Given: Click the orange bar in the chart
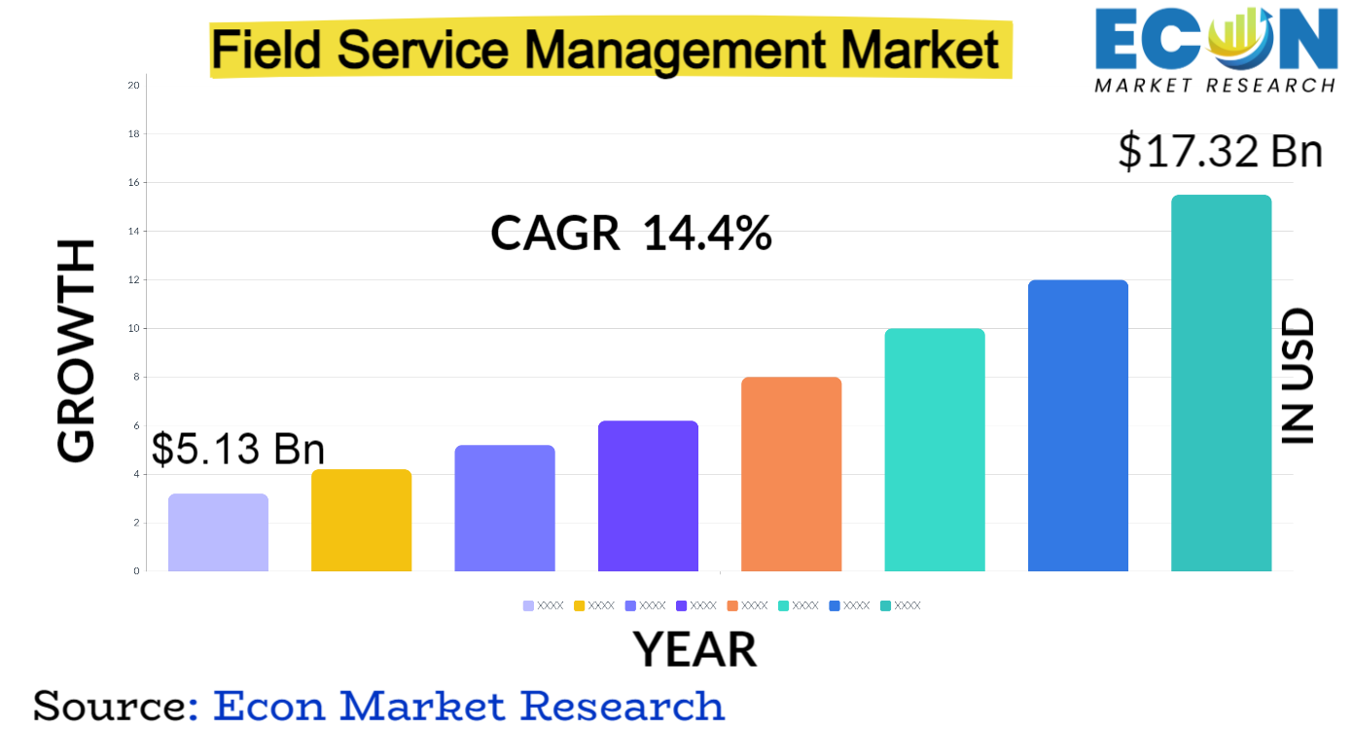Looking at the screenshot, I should [x=791, y=474].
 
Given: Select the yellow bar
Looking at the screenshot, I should [x=361, y=521].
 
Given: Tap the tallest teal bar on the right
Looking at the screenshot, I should [x=1221, y=383].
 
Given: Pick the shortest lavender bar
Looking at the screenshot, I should [x=218, y=532].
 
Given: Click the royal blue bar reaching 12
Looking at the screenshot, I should [x=1078, y=425].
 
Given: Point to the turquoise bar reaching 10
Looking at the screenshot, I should [x=934, y=450].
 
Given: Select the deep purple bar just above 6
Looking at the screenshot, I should [x=648, y=495].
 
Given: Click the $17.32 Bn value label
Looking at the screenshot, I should [x=1220, y=151].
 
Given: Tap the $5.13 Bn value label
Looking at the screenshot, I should [x=237, y=449].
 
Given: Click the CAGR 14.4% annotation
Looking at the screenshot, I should [x=631, y=234].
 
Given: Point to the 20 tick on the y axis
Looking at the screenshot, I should [x=133, y=86].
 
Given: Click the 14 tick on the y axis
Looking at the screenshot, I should [x=133, y=232].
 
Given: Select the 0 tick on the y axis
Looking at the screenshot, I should [x=135, y=571].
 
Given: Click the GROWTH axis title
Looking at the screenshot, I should [x=76, y=350].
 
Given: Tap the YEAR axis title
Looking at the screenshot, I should [x=694, y=649].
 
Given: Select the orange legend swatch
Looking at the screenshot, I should [x=732, y=605].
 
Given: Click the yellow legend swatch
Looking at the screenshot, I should [x=579, y=605].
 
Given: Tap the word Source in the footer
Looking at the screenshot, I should [x=107, y=705].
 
